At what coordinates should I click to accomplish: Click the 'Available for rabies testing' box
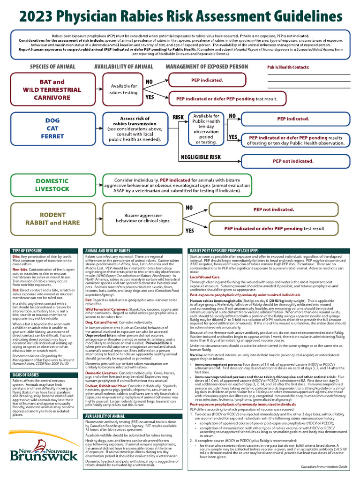(124, 90)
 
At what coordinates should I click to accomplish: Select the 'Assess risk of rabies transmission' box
(135, 129)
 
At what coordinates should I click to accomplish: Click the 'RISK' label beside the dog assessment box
(179, 117)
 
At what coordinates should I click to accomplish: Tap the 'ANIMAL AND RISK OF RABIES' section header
(108, 251)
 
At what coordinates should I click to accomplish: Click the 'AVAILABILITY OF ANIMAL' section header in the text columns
(105, 416)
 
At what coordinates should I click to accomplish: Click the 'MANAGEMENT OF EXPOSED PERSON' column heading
(207, 67)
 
